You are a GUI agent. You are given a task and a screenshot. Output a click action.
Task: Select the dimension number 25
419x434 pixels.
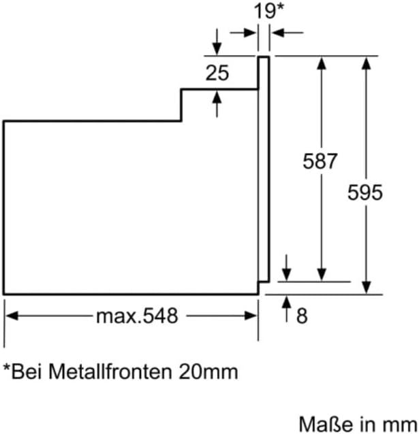tap(217, 73)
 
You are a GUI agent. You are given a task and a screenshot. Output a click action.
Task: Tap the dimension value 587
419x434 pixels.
tap(321, 161)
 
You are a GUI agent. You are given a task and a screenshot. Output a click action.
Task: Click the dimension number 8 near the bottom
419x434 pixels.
tap(302, 316)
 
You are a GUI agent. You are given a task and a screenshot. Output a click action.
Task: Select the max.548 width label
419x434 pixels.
tap(136, 316)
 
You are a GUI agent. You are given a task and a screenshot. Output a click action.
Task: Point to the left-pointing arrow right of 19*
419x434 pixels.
tap(278, 31)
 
